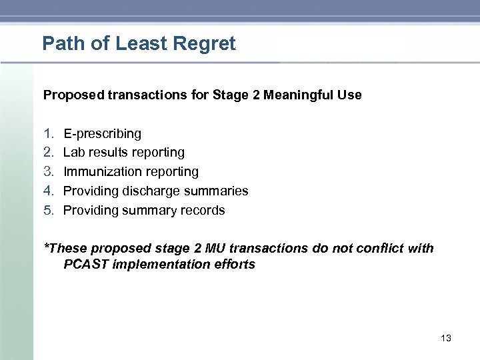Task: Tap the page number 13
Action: point(446,339)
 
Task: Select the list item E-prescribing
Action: point(102,134)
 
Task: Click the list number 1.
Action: point(48,134)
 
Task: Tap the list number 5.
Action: point(48,211)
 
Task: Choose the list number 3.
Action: point(48,172)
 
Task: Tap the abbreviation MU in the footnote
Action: point(215,249)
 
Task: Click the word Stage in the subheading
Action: point(230,95)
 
